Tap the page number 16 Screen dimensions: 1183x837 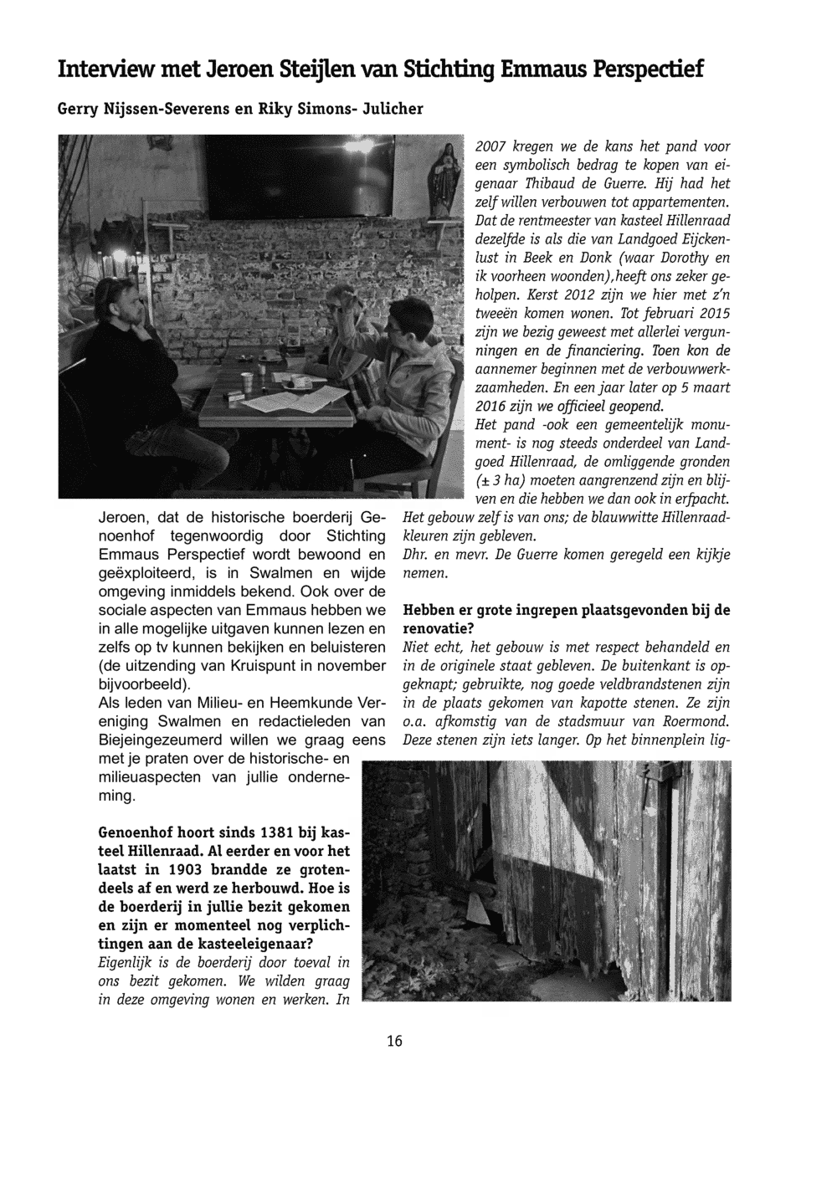tap(394, 1042)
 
